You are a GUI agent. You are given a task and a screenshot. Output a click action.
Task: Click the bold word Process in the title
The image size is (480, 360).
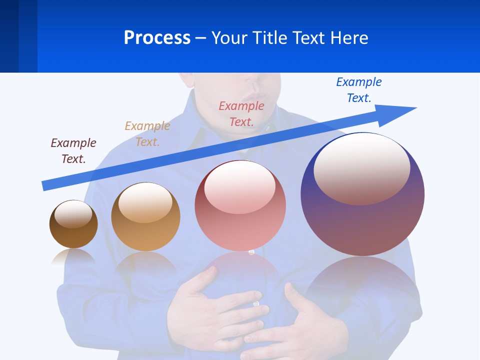[x=157, y=37]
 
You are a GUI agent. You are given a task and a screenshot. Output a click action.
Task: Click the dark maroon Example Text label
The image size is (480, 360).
[x=73, y=150]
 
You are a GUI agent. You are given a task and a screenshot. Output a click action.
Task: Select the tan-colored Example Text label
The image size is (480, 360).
[x=147, y=133]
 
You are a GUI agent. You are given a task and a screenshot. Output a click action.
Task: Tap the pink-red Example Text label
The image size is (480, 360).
[x=241, y=113]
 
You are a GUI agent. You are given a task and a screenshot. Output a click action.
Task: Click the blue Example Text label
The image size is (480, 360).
[x=359, y=89]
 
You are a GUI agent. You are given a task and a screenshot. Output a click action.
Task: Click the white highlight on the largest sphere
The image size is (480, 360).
[x=362, y=169]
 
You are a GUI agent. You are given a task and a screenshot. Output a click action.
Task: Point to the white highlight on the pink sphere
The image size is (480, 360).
[x=240, y=187]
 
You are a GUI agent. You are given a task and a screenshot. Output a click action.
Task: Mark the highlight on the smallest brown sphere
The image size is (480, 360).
[x=73, y=214]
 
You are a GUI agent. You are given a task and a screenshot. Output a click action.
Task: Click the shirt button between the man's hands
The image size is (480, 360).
[x=256, y=303]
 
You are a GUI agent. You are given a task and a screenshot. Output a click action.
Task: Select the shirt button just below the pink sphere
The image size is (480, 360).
[x=251, y=252]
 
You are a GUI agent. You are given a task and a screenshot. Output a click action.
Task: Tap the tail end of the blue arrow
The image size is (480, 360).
[x=45, y=185]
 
